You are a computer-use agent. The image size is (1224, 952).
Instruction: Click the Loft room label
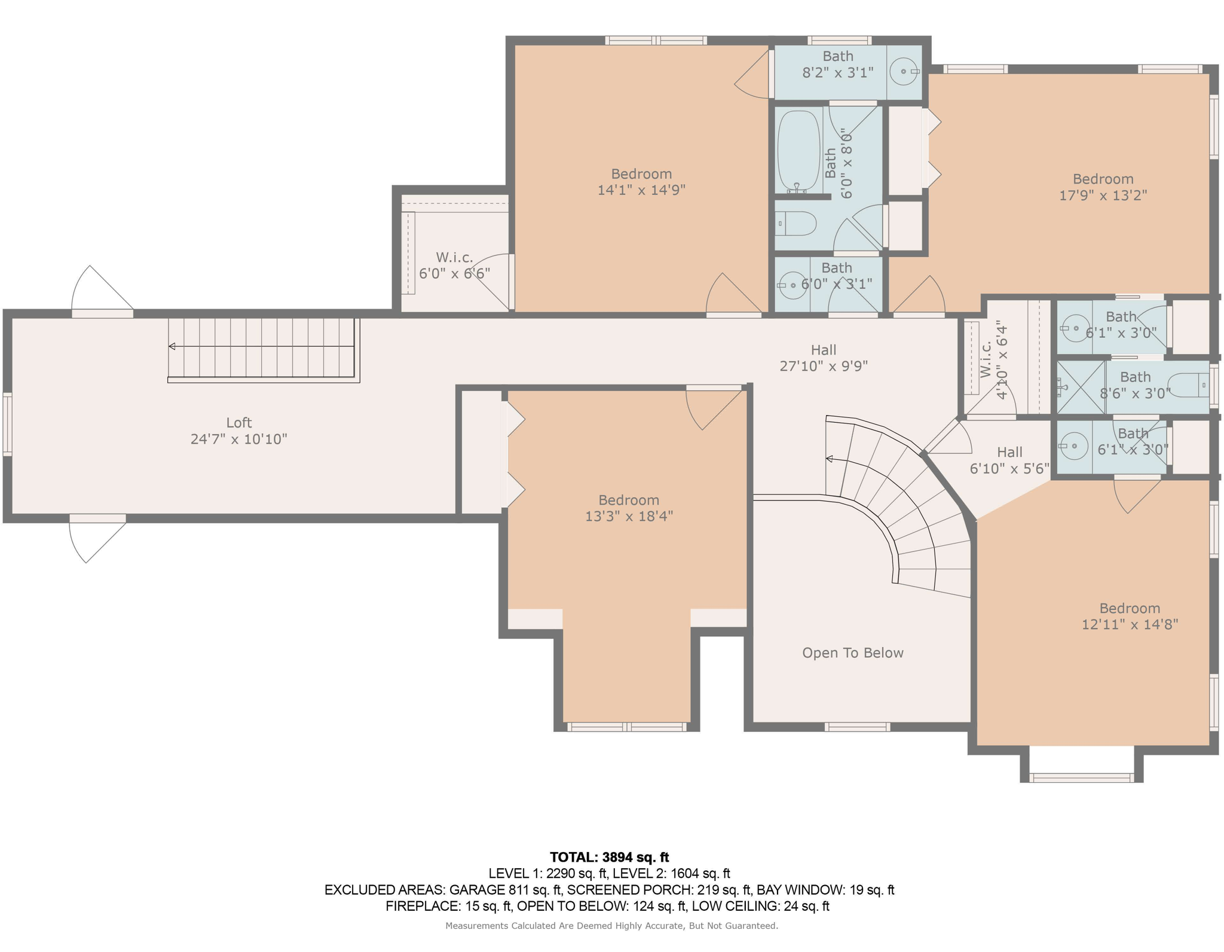tap(238, 423)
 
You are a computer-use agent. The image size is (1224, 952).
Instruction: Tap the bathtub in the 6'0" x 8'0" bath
tap(798, 151)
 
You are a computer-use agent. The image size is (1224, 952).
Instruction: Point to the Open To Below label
tap(852, 652)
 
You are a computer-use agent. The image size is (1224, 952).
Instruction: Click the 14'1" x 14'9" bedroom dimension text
tap(641, 190)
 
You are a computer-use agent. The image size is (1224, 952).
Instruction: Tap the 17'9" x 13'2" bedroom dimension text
tap(1103, 195)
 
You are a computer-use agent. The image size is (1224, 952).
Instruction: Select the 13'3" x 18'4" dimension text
tap(629, 516)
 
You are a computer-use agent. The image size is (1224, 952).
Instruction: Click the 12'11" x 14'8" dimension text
tap(1130, 624)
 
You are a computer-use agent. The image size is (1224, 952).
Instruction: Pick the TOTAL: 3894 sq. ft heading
tap(609, 857)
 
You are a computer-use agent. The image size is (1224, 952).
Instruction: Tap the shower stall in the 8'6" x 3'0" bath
tap(1081, 387)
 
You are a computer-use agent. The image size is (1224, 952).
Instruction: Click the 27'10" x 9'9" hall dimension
tap(824, 366)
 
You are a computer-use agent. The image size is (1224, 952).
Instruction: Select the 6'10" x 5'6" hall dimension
tap(1009, 469)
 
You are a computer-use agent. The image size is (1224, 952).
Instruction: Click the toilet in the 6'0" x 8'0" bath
tap(795, 224)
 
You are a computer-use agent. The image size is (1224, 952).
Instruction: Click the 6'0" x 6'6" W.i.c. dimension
tap(454, 274)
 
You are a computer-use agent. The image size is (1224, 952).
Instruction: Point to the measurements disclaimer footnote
tap(611, 926)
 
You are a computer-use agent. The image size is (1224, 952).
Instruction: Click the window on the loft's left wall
tap(7, 424)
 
